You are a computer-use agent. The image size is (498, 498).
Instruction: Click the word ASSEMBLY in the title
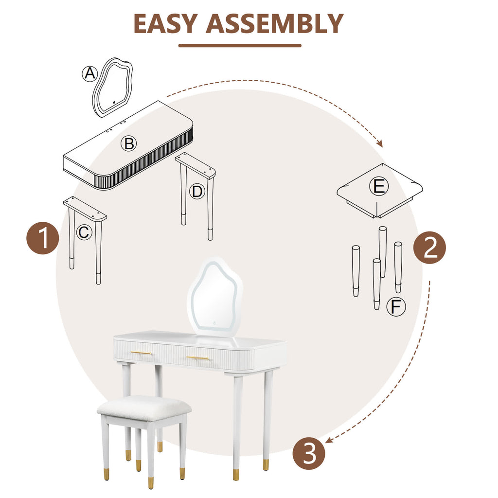pyautogui.click(x=275, y=23)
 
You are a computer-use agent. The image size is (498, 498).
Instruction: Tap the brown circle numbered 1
pyautogui.click(x=43, y=239)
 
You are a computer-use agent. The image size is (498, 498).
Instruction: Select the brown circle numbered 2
pyautogui.click(x=429, y=248)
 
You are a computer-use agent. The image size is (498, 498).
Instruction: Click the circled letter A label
pyautogui.click(x=89, y=74)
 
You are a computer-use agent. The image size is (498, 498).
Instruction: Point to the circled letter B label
pyautogui.click(x=129, y=143)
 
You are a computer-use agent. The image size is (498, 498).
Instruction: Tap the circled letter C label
pyautogui.click(x=84, y=232)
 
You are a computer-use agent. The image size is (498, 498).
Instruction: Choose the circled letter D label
pyautogui.click(x=196, y=192)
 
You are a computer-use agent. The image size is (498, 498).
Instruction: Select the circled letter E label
pyautogui.click(x=379, y=187)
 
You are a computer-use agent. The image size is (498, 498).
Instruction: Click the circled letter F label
pyautogui.click(x=396, y=307)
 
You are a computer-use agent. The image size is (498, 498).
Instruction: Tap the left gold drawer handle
pyautogui.click(x=142, y=353)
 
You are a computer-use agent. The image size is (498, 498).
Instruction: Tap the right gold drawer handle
pyautogui.click(x=197, y=358)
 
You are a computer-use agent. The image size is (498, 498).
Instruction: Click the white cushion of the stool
pyautogui.click(x=144, y=407)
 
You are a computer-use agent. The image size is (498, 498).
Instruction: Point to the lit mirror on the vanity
pyautogui.click(x=214, y=296)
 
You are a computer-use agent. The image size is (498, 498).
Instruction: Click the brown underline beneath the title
pyautogui.click(x=240, y=46)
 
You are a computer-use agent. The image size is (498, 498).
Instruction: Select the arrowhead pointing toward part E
pyautogui.click(x=380, y=144)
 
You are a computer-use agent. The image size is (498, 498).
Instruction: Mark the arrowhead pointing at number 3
pyautogui.click(x=328, y=441)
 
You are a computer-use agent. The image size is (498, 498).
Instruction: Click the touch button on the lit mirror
pyautogui.click(x=212, y=322)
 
